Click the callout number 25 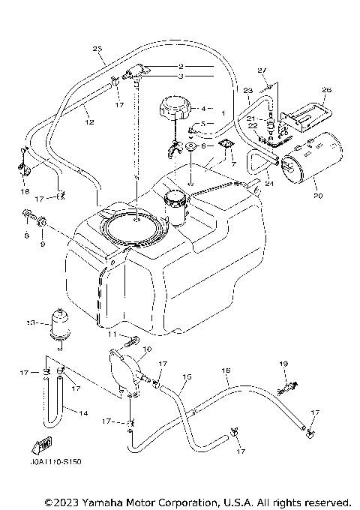tap(97, 49)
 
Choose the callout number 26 tap(304, 91)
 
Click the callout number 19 tap(283, 364)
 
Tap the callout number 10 tap(146, 350)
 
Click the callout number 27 tap(262, 70)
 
